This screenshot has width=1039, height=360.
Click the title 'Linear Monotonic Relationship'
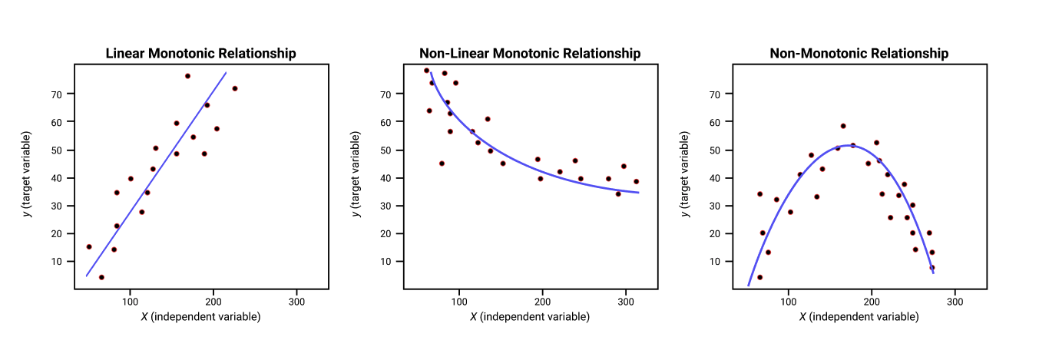click(201, 54)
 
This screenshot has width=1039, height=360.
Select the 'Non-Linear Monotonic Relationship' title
click(530, 54)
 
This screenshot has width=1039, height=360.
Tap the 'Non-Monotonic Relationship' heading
click(859, 54)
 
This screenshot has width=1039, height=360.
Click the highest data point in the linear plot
click(187, 76)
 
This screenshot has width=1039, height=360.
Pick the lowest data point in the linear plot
click(101, 277)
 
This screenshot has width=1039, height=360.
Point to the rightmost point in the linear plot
click(235, 88)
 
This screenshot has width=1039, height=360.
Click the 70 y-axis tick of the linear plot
click(56, 94)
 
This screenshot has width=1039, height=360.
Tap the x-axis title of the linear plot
click(201, 317)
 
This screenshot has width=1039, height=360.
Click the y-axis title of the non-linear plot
click(356, 174)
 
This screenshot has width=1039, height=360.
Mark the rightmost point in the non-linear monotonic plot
click(636, 182)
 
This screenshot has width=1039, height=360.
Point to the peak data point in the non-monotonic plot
click(843, 126)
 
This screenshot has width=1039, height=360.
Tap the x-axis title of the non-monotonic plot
click(859, 317)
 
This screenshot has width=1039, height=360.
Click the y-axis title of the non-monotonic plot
click(685, 174)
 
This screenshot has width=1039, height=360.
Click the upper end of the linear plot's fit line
click(226, 72)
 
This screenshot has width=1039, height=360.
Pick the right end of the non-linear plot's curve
click(639, 193)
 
